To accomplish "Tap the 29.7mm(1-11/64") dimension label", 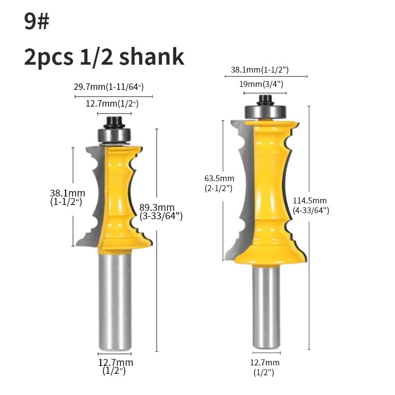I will coord(109,87).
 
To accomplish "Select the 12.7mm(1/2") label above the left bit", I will coord(112,104).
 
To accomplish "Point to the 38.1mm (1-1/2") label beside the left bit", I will coord(67,197).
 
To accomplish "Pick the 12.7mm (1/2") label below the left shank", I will coord(115,366).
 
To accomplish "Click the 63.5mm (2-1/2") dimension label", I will coord(220,183).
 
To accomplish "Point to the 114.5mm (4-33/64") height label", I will coord(310,205).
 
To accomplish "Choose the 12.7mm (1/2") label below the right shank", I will coord(264,367).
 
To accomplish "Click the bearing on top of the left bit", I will coord(114,134).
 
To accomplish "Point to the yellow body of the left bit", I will coord(118,197).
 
